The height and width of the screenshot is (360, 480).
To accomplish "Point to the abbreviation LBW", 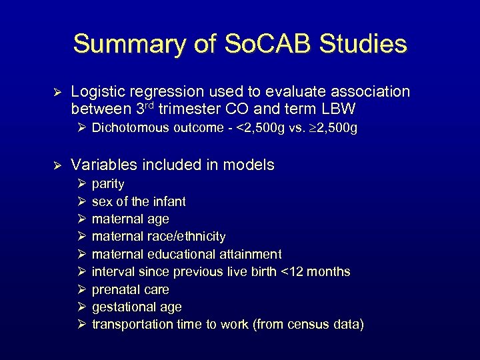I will point(338,108).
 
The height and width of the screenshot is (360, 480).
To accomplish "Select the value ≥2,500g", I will point(327,128).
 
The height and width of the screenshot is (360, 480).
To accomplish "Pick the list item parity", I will point(108,184).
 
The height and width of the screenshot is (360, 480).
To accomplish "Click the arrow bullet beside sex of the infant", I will point(81,201).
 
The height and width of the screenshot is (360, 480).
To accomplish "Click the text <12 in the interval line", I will point(288,272).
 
